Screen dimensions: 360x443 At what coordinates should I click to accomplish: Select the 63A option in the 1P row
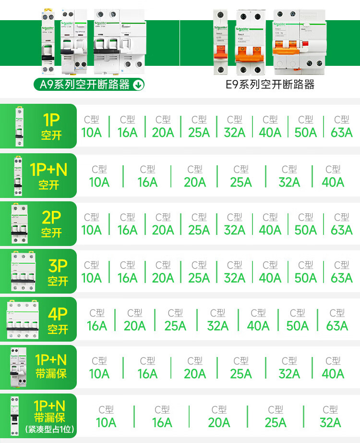tap(341, 127)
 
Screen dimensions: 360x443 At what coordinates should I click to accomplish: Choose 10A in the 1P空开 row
tap(91, 127)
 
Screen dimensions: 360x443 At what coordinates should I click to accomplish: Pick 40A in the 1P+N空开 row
tap(333, 176)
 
